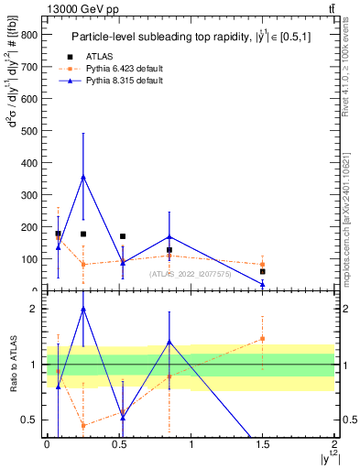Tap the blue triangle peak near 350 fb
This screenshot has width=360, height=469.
83,177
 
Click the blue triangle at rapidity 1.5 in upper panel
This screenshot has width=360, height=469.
262,284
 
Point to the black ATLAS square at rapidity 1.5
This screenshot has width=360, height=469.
262,271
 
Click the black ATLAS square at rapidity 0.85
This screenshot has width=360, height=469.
169,250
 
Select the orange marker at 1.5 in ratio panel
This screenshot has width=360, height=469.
262,339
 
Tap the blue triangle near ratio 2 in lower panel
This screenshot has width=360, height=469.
83,310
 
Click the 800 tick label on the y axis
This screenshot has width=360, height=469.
28,35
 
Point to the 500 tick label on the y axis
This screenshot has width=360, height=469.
28,131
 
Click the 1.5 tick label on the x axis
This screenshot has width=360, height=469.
262,444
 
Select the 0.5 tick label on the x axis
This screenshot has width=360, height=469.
118,444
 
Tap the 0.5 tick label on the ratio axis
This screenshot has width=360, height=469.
30,420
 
